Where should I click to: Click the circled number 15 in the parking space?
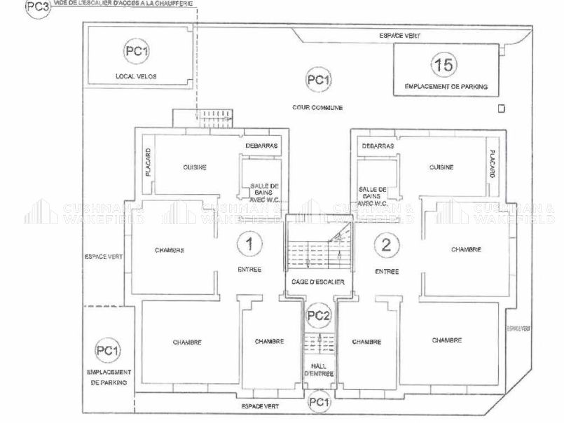click(444, 65)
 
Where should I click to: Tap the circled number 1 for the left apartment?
click(247, 244)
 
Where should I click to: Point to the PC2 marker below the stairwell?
click(319, 315)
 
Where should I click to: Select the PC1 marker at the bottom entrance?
click(319, 402)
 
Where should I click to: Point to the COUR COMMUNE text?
click(317, 107)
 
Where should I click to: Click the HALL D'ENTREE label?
click(319, 369)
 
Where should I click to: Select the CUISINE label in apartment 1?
click(195, 167)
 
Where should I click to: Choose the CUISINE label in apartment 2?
click(441, 167)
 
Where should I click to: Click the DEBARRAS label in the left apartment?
click(261, 146)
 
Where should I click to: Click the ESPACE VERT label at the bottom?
click(260, 405)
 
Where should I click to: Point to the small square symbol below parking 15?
click(500, 109)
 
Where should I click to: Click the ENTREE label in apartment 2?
click(387, 271)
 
